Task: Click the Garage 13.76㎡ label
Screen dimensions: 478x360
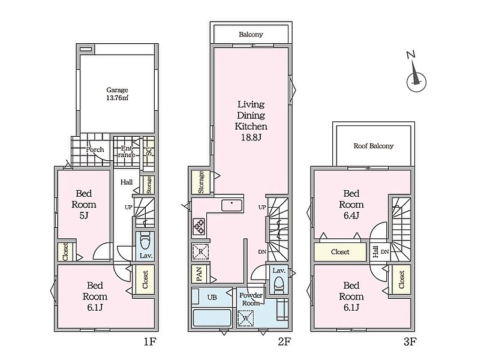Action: (117, 94)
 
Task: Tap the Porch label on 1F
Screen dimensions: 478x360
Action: (95, 149)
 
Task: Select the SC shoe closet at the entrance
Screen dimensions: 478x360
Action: (149, 151)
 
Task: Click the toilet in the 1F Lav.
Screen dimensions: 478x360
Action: (145, 242)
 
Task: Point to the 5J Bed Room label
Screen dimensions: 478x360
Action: (84, 205)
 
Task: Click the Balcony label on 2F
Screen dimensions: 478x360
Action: (251, 34)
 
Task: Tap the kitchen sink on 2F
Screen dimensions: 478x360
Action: (232, 205)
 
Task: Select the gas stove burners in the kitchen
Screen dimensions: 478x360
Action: (199, 227)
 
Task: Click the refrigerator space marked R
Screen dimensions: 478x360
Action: (200, 251)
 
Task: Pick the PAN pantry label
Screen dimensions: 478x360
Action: (200, 274)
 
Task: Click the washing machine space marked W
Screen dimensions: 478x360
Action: (245, 318)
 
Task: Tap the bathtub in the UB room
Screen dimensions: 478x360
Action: (212, 318)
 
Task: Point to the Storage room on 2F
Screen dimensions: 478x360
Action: (201, 182)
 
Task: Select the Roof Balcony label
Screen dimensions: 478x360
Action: (374, 146)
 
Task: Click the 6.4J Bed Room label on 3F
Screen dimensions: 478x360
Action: (351, 205)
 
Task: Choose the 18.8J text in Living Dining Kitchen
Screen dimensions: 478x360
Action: (251, 137)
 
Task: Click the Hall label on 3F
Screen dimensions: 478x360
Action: (375, 252)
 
